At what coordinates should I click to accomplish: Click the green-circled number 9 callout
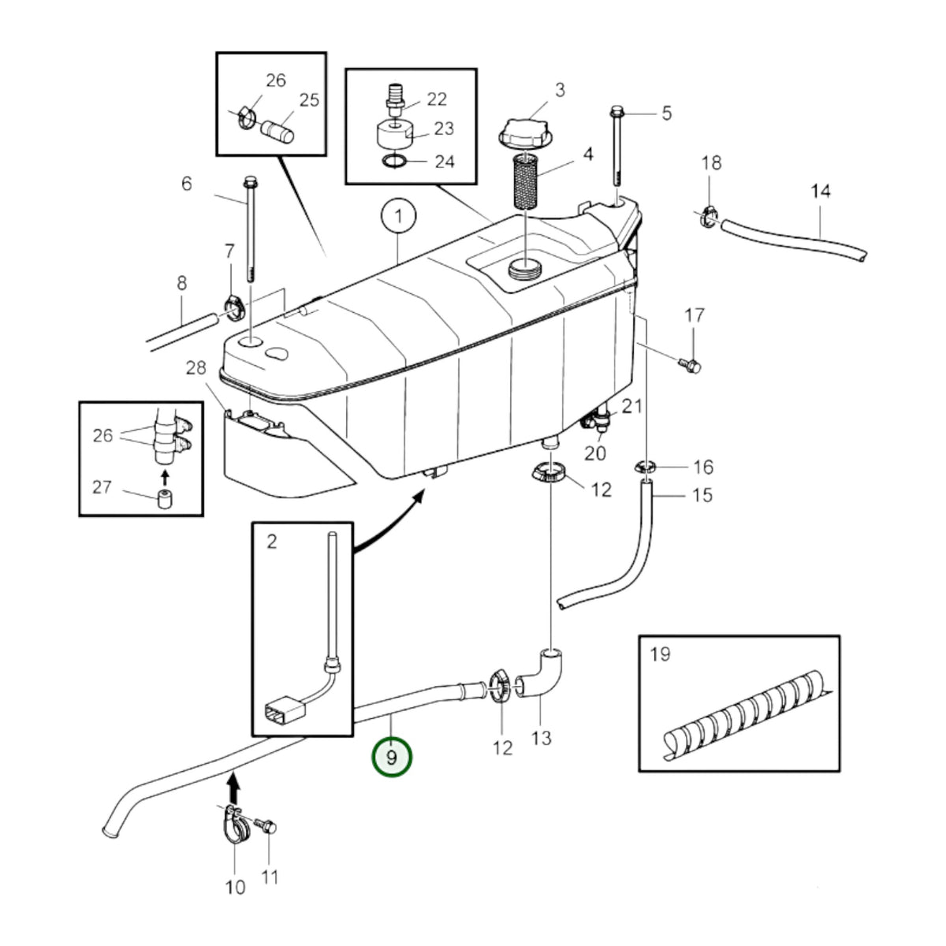click(391, 758)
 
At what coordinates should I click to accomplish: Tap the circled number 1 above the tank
click(399, 216)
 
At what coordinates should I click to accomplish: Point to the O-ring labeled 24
click(393, 161)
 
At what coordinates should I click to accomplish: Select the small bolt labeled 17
click(690, 365)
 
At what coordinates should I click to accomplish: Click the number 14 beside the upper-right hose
click(821, 192)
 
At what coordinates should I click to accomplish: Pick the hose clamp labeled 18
click(709, 217)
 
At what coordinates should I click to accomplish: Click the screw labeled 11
click(269, 825)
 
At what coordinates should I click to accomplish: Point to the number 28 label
click(196, 367)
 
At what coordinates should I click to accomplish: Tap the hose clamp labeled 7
click(235, 308)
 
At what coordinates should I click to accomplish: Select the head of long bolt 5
click(616, 111)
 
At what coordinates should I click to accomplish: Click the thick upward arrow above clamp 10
click(234, 787)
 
